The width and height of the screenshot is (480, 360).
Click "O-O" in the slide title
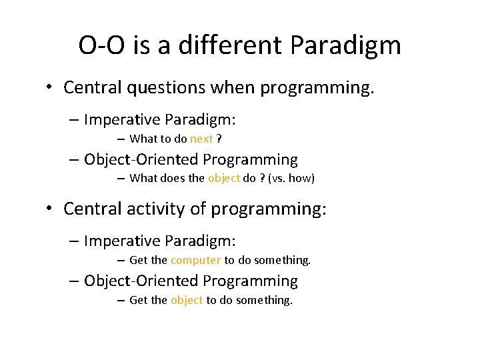[99, 46]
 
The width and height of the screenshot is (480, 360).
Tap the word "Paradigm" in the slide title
[346, 46]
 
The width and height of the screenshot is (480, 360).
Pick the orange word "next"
[201, 139]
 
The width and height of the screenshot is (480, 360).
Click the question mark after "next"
[219, 139]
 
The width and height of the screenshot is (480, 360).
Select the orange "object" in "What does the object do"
[224, 178]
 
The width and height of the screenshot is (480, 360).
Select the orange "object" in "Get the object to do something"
[187, 300]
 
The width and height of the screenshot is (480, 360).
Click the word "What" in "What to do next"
[142, 139]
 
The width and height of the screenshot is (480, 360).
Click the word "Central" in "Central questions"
[91, 87]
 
